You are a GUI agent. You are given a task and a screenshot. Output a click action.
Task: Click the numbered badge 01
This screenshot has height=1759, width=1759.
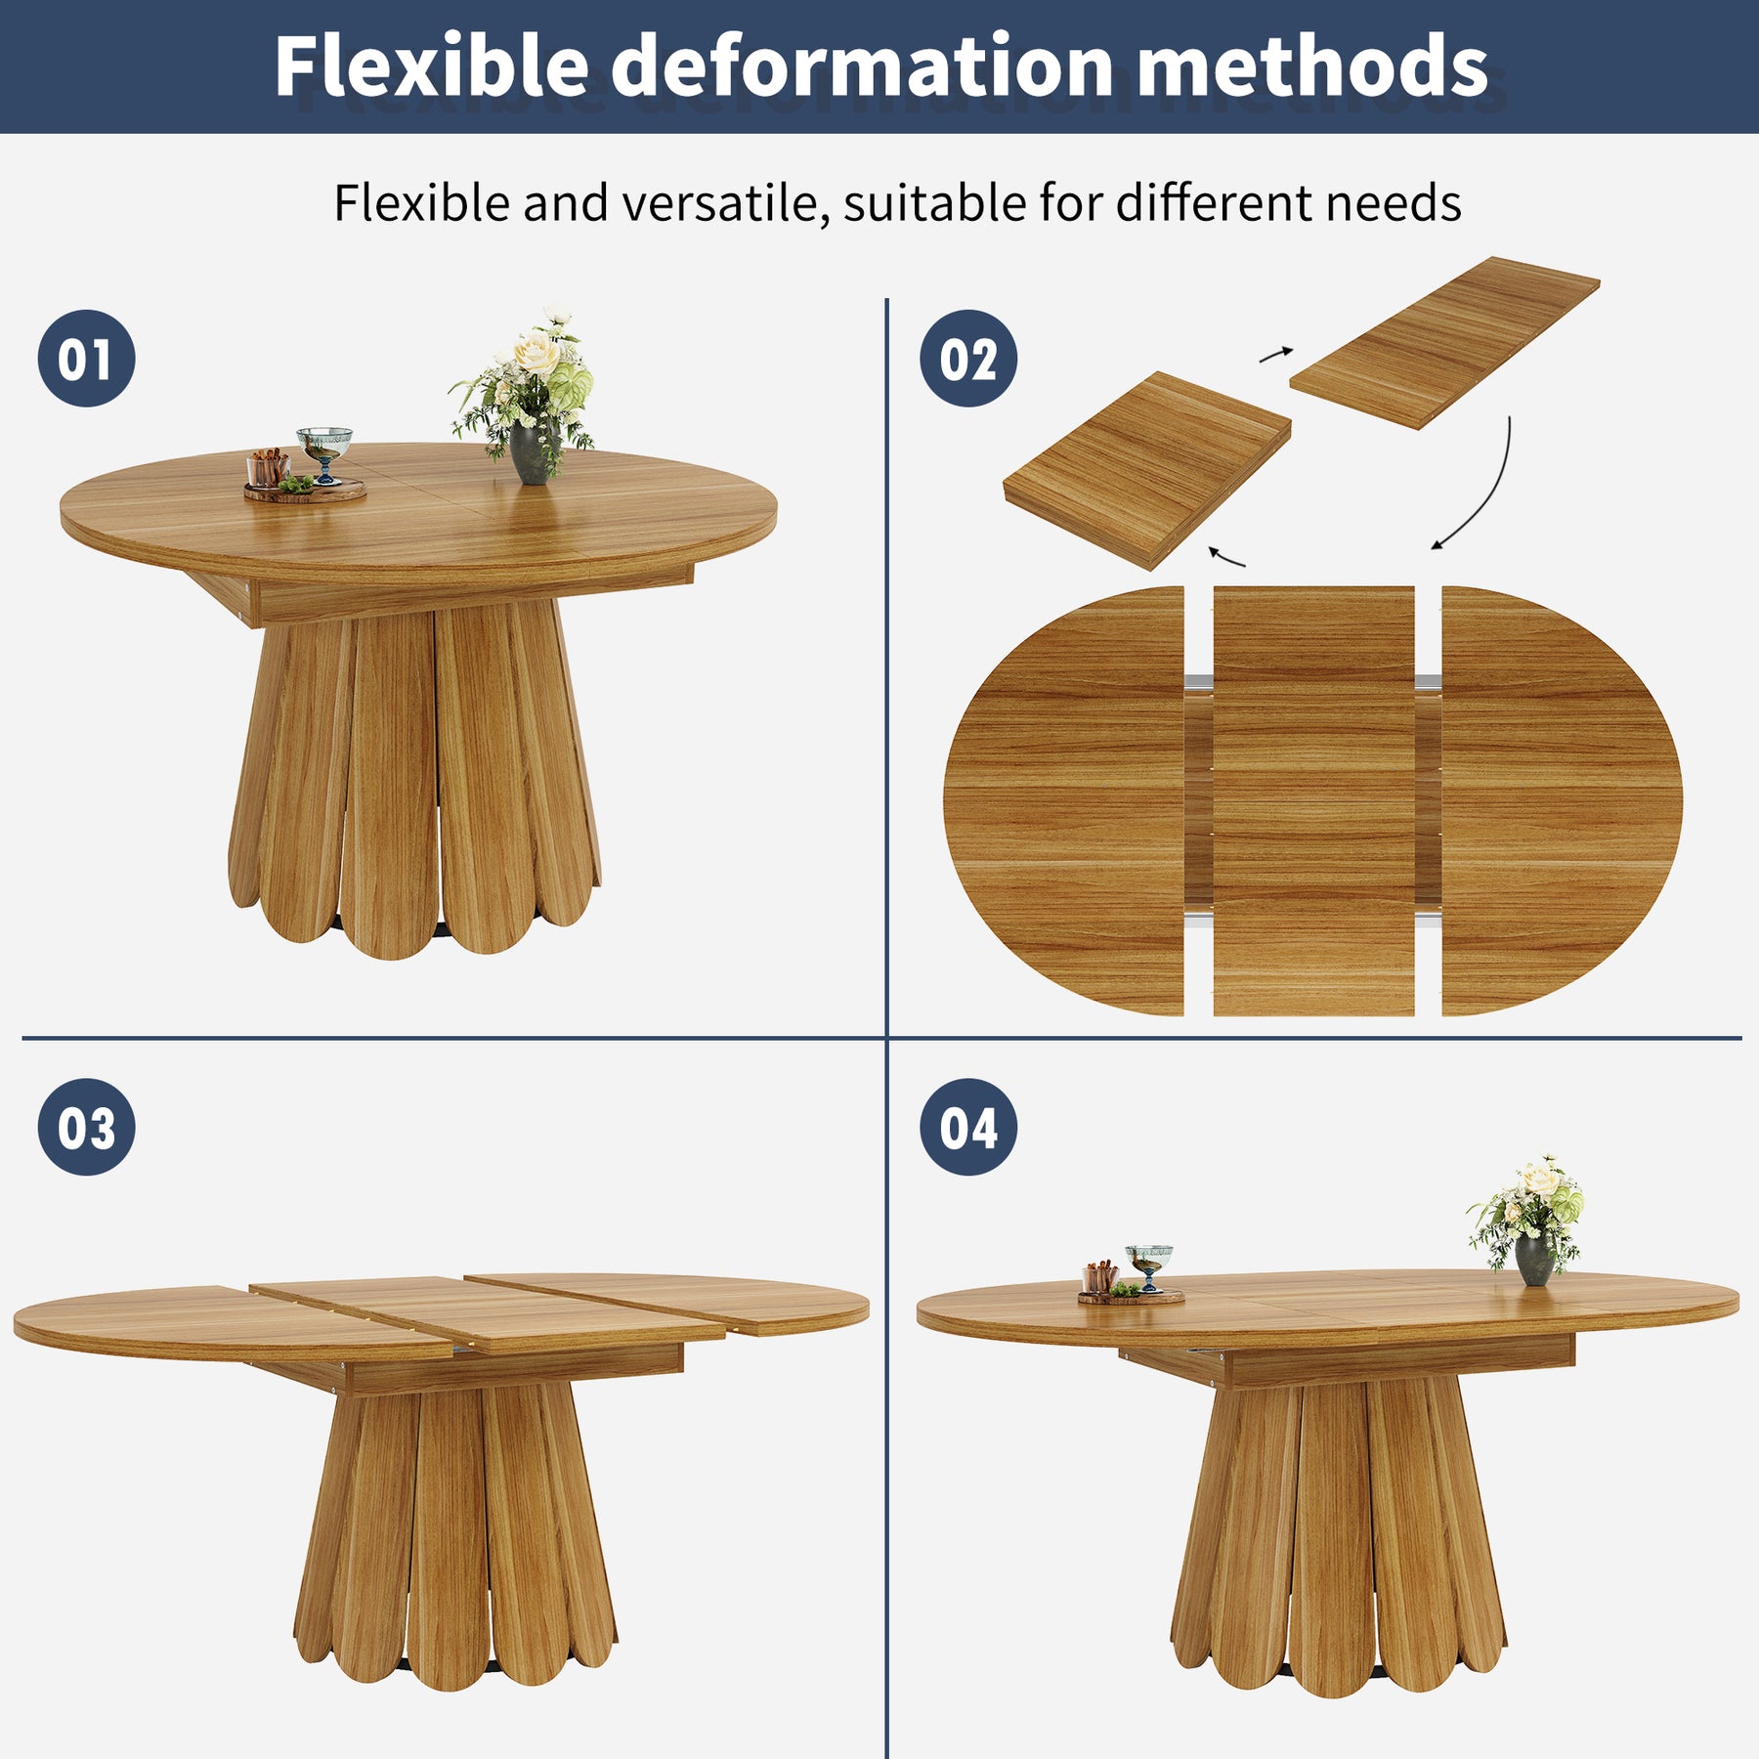(x=86, y=359)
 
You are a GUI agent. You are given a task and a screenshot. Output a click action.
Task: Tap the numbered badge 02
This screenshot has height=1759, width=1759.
(x=968, y=359)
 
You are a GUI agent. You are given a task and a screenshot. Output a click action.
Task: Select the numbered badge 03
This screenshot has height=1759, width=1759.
(x=86, y=1127)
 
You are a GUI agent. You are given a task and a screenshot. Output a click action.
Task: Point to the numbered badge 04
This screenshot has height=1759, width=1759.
(x=968, y=1127)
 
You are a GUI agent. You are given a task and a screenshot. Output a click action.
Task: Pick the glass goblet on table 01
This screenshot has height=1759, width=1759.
(x=324, y=454)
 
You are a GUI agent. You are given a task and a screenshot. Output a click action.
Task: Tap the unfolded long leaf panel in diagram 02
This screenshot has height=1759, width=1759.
(x=1444, y=342)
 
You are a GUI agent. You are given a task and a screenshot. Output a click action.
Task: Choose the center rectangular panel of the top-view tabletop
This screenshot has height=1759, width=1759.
(x=1313, y=800)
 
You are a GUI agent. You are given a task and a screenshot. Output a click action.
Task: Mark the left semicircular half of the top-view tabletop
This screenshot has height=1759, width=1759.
(x=1064, y=800)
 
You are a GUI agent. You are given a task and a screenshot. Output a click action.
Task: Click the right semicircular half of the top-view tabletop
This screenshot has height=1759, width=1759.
(x=1562, y=800)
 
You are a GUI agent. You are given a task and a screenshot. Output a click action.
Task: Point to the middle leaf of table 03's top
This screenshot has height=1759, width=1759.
(x=486, y=1313)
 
